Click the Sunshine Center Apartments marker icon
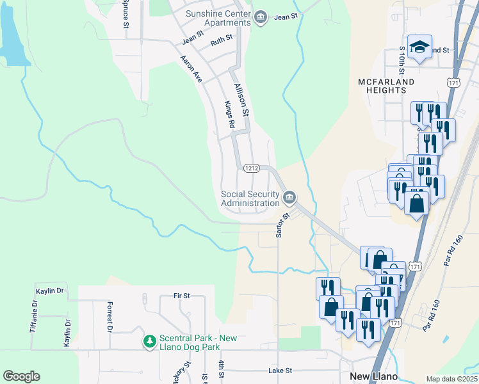(x=261, y=17)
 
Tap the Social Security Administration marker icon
(x=289, y=196)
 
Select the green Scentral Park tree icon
(x=149, y=342)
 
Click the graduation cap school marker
(x=420, y=47)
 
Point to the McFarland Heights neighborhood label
(x=386, y=86)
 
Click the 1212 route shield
(x=250, y=168)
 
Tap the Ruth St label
(x=222, y=44)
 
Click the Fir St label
(x=182, y=296)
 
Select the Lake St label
(x=280, y=371)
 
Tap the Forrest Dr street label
(x=110, y=316)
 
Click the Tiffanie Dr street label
(x=35, y=316)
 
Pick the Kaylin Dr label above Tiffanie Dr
(x=51, y=291)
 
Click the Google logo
(x=21, y=376)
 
